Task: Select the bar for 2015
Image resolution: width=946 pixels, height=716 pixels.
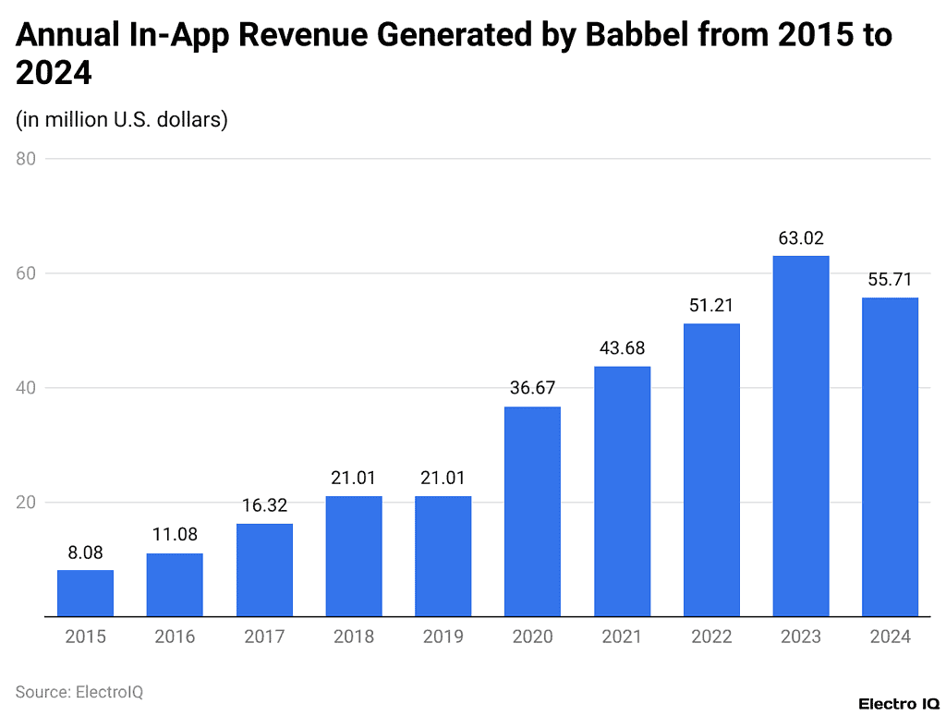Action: point(85,593)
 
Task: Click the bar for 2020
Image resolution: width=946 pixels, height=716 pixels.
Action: point(532,511)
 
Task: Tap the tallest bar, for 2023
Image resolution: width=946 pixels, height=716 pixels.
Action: point(801,436)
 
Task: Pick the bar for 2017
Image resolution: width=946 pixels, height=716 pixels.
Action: point(264,570)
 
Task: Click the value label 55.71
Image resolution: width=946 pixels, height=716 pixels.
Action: point(891,279)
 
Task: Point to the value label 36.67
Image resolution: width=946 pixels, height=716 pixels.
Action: point(532,388)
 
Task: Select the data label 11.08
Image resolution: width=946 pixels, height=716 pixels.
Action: point(175,534)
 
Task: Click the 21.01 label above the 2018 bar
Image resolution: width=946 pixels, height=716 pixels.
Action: point(354,478)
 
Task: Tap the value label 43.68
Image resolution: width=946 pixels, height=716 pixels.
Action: point(622,348)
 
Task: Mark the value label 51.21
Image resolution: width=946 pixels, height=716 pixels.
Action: point(711,305)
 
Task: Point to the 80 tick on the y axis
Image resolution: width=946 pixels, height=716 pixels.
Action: point(26,159)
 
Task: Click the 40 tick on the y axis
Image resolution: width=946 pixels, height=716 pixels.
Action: point(26,388)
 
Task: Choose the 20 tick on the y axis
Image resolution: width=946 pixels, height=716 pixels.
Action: point(26,503)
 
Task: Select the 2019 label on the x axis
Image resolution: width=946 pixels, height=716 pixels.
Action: point(443,637)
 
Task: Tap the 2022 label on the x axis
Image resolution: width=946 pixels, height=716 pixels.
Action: point(711,637)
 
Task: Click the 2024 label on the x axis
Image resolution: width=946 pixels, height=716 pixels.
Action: point(891,637)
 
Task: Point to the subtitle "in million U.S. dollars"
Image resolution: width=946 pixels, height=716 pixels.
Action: point(122,119)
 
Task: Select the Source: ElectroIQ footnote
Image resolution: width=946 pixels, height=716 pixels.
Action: point(79,691)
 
